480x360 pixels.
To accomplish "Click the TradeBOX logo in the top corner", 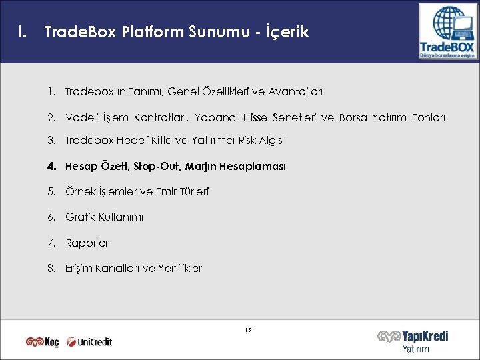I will [x=447, y=31].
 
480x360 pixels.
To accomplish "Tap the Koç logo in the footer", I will [x=43, y=341].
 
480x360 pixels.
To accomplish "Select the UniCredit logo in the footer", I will [x=90, y=341].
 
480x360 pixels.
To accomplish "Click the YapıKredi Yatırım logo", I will [x=413, y=340].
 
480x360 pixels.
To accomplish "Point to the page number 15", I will [x=247, y=329].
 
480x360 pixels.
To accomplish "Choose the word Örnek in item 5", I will [x=79, y=191].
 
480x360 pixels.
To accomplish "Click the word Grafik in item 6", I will [x=79, y=217].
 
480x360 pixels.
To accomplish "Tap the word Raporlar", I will [x=87, y=243].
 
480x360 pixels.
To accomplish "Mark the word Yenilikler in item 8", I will [x=180, y=268].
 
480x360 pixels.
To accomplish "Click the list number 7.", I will [x=51, y=243].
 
